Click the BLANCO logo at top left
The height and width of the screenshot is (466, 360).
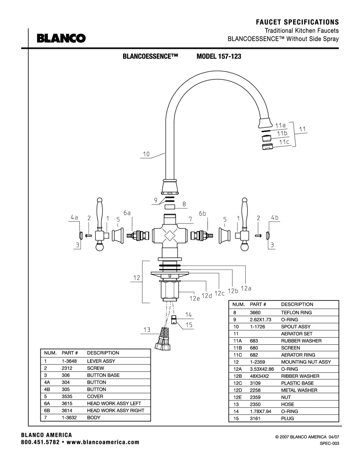coord(61,38)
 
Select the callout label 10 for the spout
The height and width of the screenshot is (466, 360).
coord(146,154)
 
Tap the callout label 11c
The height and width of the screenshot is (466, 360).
coord(284,142)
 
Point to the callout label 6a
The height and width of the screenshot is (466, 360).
coord(127,213)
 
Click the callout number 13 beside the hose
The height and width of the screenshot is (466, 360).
coord(147,330)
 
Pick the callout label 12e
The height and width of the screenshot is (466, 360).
coord(195,298)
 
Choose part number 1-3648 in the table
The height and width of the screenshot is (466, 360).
coord(69,361)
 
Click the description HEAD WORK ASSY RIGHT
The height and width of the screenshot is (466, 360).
coord(115,411)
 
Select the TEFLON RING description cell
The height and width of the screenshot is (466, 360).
coord(296,313)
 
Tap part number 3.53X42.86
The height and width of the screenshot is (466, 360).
coord(262,369)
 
